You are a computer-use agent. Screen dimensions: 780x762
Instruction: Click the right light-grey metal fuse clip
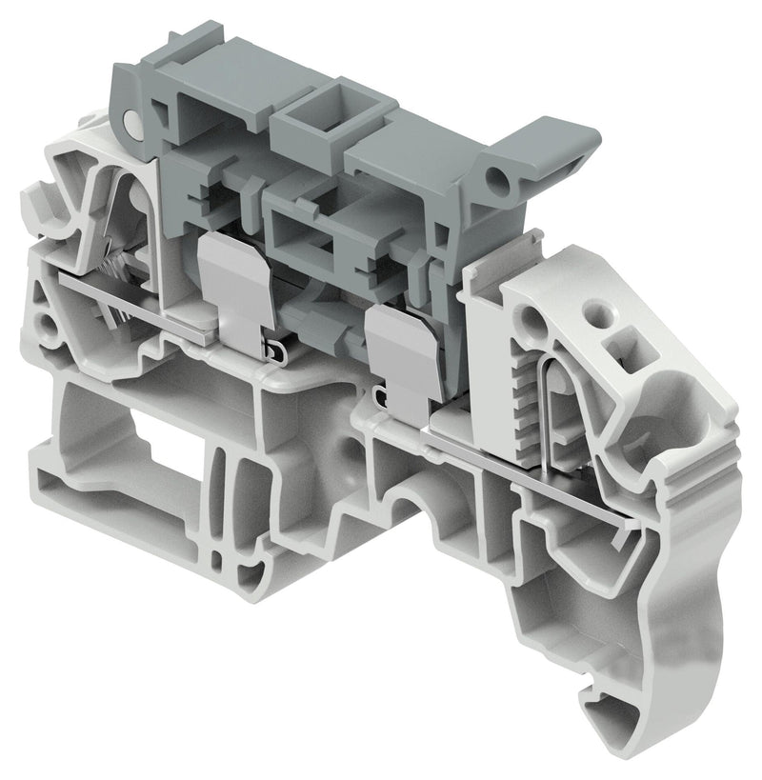pos(400,352)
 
